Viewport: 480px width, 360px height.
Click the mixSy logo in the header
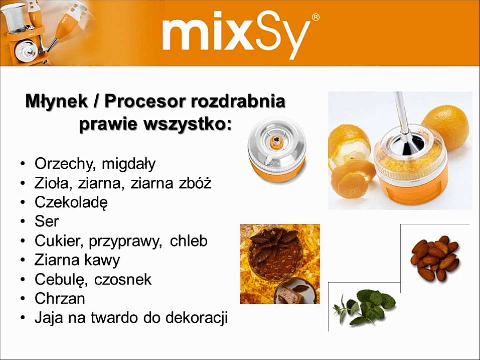tap(235, 34)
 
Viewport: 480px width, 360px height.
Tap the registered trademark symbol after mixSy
tap(315, 18)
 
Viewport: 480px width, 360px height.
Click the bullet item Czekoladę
tap(71, 203)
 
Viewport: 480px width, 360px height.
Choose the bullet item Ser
tap(47, 222)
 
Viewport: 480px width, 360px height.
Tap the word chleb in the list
tap(188, 241)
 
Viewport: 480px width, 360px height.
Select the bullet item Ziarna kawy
tap(77, 260)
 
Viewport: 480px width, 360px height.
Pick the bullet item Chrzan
tap(60, 299)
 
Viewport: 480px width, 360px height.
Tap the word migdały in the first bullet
tap(131, 164)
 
